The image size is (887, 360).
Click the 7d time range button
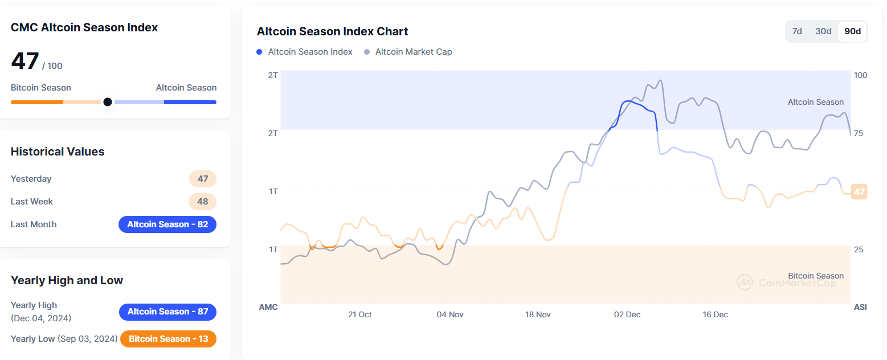point(797,31)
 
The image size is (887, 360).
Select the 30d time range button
point(823,31)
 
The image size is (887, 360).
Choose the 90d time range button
point(853,31)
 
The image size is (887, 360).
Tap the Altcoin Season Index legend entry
point(305,52)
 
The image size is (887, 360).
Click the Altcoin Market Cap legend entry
point(408,52)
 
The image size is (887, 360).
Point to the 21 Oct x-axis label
point(359,314)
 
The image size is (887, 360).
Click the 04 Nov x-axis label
point(450,314)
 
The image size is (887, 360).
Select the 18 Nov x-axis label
point(538,314)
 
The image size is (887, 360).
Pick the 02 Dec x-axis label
point(627,314)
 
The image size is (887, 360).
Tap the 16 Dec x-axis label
point(715,314)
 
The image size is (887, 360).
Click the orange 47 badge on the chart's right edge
point(859,192)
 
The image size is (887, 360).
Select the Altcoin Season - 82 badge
point(167,224)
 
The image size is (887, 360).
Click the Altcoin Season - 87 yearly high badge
point(167,312)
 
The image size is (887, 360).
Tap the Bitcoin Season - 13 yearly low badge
point(168,339)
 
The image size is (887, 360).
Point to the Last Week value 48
point(202,202)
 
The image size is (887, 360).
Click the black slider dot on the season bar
point(107,102)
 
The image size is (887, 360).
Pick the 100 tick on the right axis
point(860,75)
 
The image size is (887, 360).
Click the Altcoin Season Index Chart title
point(332,31)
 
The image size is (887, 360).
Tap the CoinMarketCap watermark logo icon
point(745,283)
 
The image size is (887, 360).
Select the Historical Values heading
point(58,152)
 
